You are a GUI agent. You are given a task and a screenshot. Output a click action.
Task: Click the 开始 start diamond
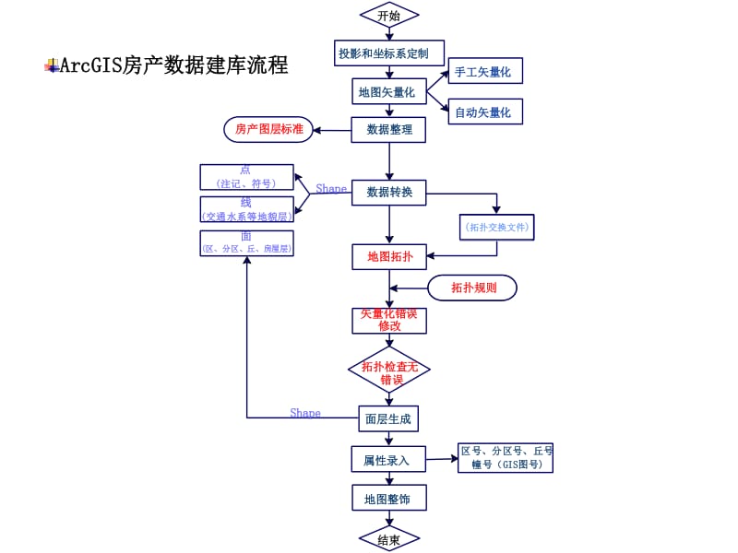(389, 16)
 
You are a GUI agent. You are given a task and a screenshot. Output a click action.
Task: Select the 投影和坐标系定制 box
(389, 53)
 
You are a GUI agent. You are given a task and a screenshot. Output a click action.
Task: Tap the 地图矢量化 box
(389, 91)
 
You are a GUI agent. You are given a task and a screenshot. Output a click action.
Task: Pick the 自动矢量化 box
(485, 112)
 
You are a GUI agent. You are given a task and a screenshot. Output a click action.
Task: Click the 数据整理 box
(389, 130)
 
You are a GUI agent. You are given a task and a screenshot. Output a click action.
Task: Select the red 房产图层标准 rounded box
(269, 129)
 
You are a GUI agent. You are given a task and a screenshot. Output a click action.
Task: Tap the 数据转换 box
(389, 193)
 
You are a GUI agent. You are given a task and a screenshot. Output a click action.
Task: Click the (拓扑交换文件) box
(497, 227)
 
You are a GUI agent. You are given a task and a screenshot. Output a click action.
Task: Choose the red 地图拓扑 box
(389, 256)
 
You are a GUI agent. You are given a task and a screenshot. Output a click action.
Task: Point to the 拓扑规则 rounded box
(472, 288)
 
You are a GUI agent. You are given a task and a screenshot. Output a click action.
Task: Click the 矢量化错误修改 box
(389, 320)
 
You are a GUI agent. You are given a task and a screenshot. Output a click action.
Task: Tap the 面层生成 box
(388, 418)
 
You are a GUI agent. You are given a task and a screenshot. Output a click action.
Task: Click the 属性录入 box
(388, 459)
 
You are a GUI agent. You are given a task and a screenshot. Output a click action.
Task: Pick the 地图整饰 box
(388, 499)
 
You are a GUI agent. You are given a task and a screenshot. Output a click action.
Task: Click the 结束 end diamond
(388, 540)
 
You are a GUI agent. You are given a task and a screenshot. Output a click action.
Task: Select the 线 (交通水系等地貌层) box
(246, 209)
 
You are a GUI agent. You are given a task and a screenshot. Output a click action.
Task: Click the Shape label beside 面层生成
(305, 413)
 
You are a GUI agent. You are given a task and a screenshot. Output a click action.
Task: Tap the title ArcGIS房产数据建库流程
(173, 65)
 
